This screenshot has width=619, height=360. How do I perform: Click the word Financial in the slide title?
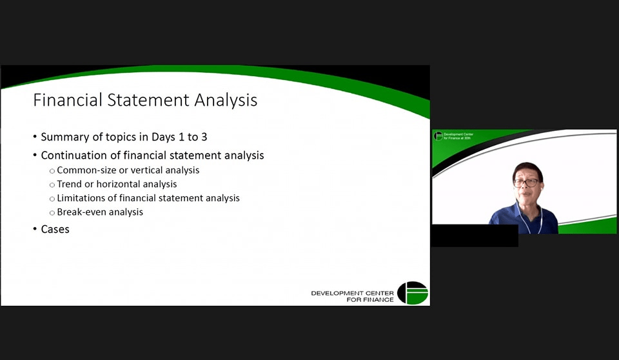coord(68,99)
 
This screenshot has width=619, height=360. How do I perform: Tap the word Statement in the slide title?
coord(148,99)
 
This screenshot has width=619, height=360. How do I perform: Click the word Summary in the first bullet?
coord(65,137)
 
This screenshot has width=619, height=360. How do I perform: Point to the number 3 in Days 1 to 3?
coord(204,137)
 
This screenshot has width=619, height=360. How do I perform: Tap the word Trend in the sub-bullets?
coord(70,184)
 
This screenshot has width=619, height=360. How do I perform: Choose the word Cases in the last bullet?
coord(55,229)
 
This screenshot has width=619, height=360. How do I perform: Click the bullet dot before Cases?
coord(35,229)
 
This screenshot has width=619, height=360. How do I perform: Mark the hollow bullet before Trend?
coord(52,185)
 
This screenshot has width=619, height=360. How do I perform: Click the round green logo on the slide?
coord(413,293)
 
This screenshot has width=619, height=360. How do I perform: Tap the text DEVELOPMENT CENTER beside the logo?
coord(352,293)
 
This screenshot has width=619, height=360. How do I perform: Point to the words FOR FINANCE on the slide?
coord(370,299)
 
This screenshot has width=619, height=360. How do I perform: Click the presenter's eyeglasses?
coord(526,183)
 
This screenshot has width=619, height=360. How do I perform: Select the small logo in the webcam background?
coord(438,136)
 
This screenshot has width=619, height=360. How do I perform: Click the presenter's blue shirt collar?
coord(528,213)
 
